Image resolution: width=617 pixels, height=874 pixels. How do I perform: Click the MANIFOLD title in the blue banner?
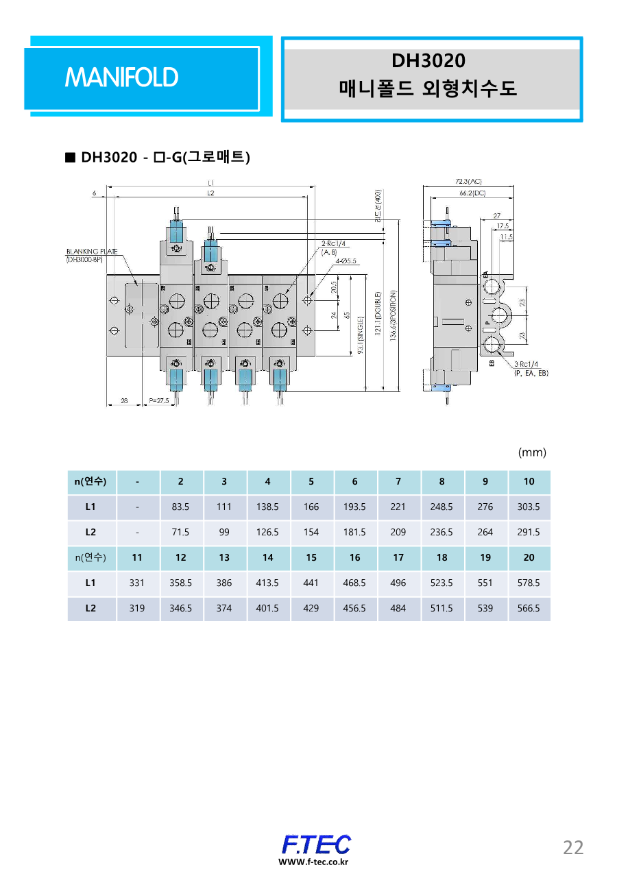click(x=121, y=77)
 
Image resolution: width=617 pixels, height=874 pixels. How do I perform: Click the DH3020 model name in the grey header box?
click(x=428, y=61)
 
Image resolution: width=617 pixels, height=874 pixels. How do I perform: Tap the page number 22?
click(x=573, y=847)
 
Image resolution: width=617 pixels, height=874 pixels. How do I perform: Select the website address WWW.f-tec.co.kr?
click(x=313, y=862)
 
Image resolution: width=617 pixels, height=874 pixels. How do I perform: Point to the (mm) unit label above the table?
click(x=532, y=452)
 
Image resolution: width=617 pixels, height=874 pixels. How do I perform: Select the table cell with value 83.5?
click(x=180, y=507)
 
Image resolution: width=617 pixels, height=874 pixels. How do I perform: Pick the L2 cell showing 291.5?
click(x=529, y=532)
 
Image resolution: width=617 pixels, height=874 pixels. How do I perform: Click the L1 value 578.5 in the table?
click(x=529, y=583)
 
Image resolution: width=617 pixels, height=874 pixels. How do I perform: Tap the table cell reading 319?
click(x=137, y=608)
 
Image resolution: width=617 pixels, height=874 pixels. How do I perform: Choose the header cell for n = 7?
click(x=398, y=482)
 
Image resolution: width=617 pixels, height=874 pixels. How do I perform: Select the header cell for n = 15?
click(x=311, y=557)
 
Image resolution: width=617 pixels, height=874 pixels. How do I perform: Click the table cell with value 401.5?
click(x=267, y=608)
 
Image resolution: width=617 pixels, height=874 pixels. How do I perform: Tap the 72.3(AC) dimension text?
click(x=469, y=182)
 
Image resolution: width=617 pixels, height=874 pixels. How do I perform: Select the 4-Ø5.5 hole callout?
click(x=348, y=261)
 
